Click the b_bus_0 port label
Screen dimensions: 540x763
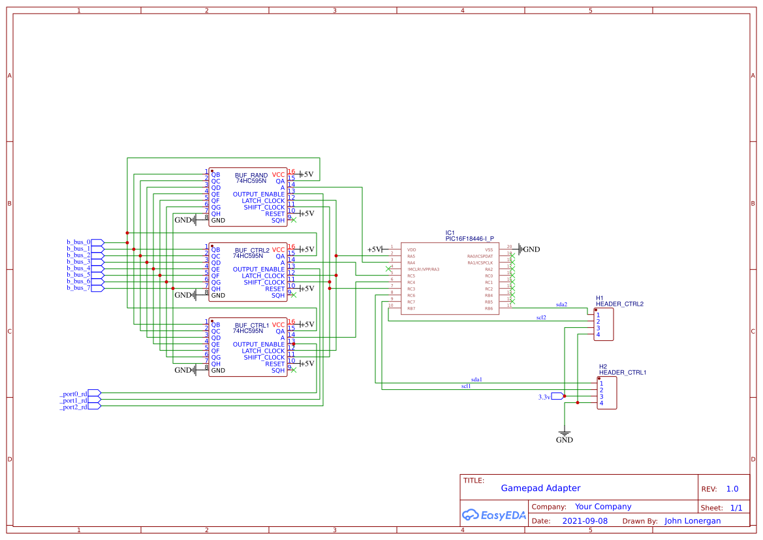[78, 242]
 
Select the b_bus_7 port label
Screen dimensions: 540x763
[78, 288]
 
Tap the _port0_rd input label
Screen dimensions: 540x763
[73, 394]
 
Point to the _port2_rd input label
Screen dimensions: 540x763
[73, 407]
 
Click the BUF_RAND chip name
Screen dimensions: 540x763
[251, 175]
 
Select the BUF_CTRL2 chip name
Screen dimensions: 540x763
[251, 250]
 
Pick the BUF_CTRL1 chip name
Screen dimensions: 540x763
[251, 325]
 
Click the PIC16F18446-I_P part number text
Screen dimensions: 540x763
[469, 239]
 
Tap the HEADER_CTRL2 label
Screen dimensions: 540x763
[619, 304]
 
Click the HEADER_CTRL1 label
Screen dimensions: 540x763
[622, 372]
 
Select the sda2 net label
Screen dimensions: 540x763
[561, 304]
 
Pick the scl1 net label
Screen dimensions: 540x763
[466, 386]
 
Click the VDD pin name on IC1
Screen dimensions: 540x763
[411, 249]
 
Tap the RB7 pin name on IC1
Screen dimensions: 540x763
[411, 308]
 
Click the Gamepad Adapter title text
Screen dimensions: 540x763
[540, 488]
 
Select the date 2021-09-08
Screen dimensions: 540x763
[585, 521]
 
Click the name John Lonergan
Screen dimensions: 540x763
[693, 521]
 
